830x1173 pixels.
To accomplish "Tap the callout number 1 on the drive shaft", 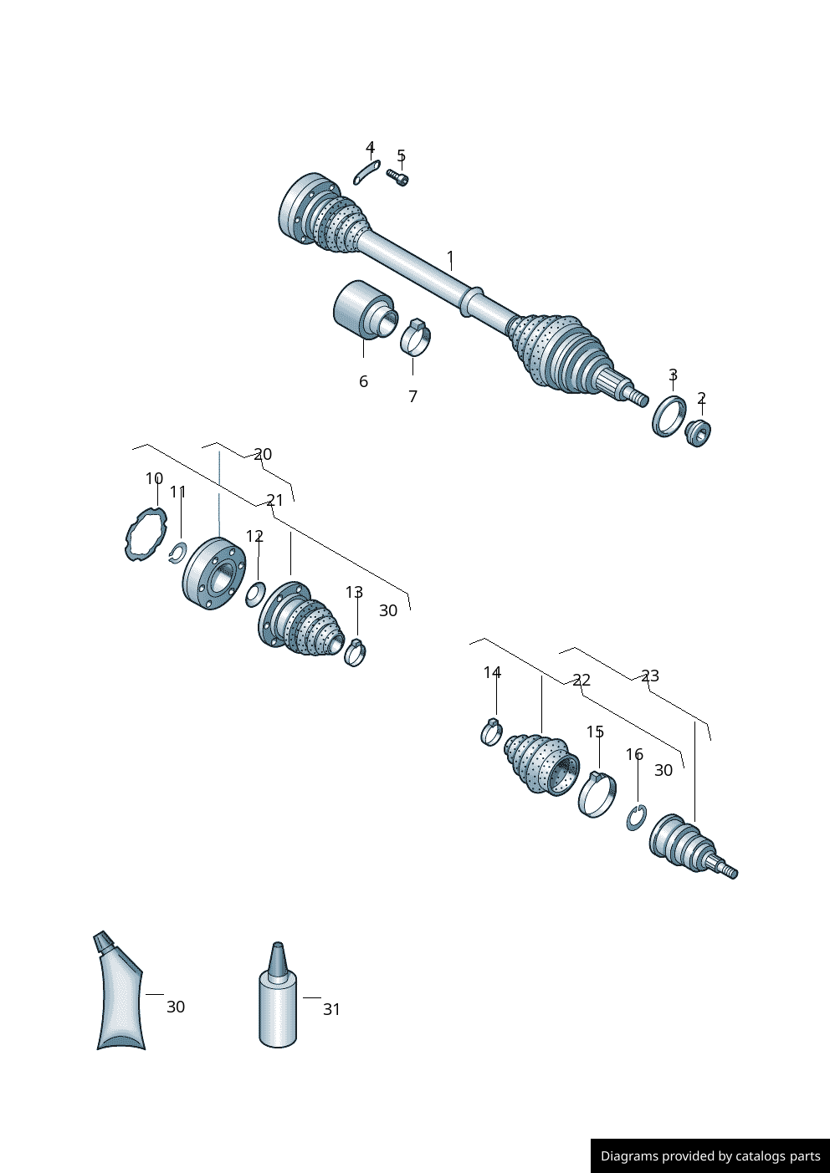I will [450, 258].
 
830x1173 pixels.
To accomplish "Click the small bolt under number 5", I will [397, 176].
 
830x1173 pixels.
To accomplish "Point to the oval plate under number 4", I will [367, 171].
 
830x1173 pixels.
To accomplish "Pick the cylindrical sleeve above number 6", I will [362, 309].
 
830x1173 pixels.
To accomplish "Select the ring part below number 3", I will [669, 416].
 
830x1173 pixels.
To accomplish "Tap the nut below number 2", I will [698, 433].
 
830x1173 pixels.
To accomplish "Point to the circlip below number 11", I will [177, 553].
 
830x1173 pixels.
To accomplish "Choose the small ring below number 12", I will [255, 594].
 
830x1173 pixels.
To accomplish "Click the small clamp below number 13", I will [355, 652].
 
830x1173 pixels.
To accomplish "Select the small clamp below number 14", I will [492, 732].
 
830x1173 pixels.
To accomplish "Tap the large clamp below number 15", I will [597, 795].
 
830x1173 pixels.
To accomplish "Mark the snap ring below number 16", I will [636, 818].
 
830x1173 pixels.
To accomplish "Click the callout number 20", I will [263, 454].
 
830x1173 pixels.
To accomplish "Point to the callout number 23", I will [650, 676].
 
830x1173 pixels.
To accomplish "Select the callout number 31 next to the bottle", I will [332, 1009].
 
